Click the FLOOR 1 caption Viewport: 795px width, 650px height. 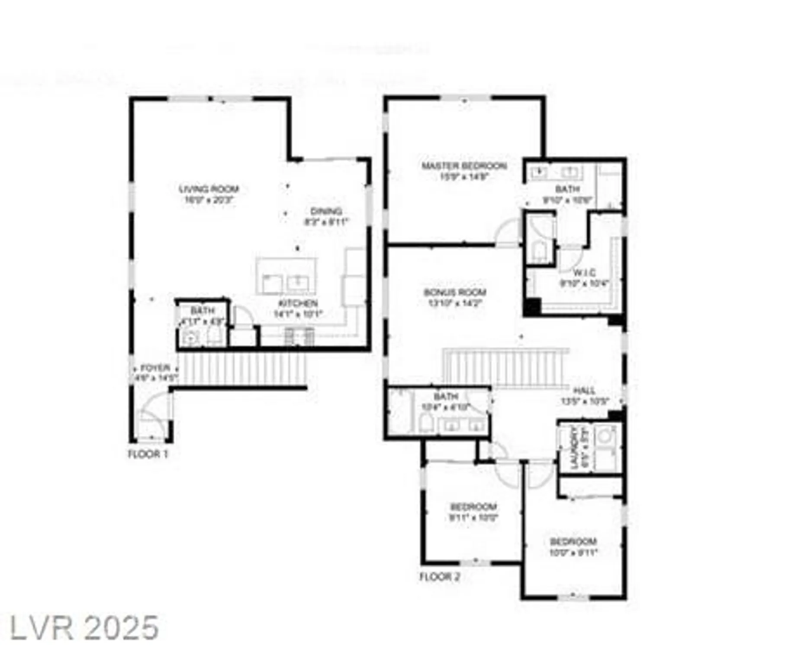tap(148, 454)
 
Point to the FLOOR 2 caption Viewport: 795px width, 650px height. tap(440, 577)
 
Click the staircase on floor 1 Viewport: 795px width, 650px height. tap(242, 368)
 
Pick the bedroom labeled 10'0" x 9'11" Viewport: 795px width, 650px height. tap(573, 547)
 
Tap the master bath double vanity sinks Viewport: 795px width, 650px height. tap(554, 172)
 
